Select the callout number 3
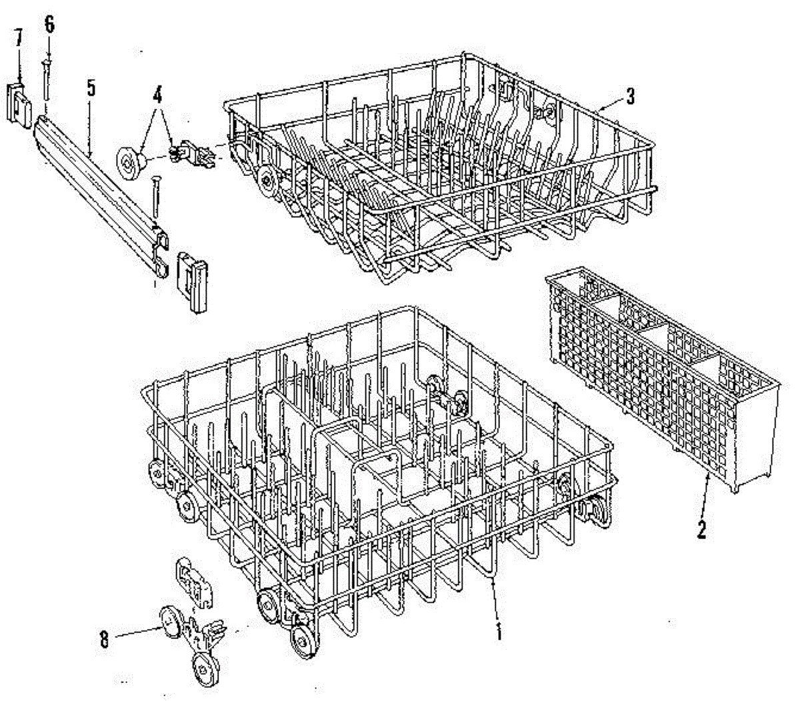630,97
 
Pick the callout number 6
49,25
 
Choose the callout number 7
19,38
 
